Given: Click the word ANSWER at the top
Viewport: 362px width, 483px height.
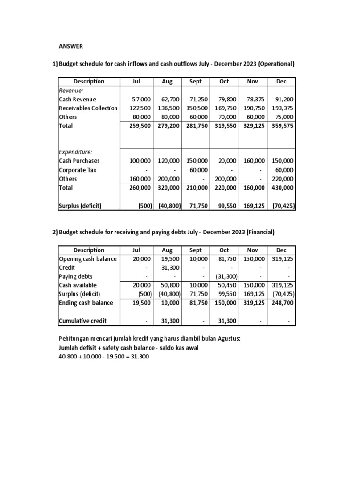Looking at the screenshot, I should pyautogui.click(x=71, y=46).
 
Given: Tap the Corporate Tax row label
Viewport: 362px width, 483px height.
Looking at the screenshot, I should pyautogui.click(x=78, y=170).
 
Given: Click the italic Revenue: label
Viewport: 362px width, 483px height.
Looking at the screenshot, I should pyautogui.click(x=71, y=90).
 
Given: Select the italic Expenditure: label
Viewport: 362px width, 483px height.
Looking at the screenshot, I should pyautogui.click(x=75, y=152).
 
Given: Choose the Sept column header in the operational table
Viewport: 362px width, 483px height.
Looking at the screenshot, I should pyautogui.click(x=195, y=82).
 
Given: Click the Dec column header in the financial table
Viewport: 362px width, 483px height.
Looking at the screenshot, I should pyautogui.click(x=281, y=250).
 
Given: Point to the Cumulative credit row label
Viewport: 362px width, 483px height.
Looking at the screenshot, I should pyautogui.click(x=82, y=321).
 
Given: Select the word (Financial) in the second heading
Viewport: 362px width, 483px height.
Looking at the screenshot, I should pyautogui.click(x=259, y=232).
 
